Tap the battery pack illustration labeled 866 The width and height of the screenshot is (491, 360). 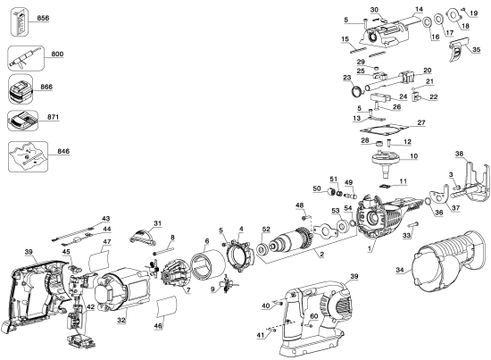tap(22, 89)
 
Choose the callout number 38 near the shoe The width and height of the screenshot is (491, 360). tap(460, 153)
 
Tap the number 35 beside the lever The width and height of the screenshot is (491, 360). tap(476, 48)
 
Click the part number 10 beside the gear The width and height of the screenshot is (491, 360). tap(412, 156)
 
